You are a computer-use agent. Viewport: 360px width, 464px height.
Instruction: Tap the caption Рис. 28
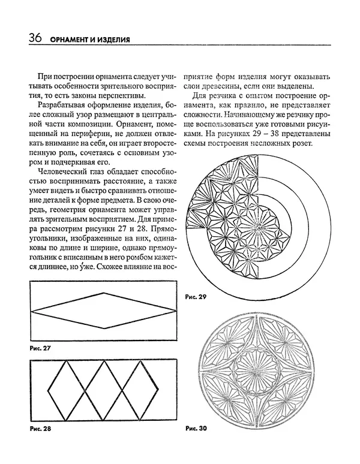tap(38, 430)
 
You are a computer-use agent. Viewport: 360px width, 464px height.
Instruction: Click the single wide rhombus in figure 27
tap(104, 311)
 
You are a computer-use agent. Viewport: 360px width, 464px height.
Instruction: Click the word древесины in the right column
tap(221, 88)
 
